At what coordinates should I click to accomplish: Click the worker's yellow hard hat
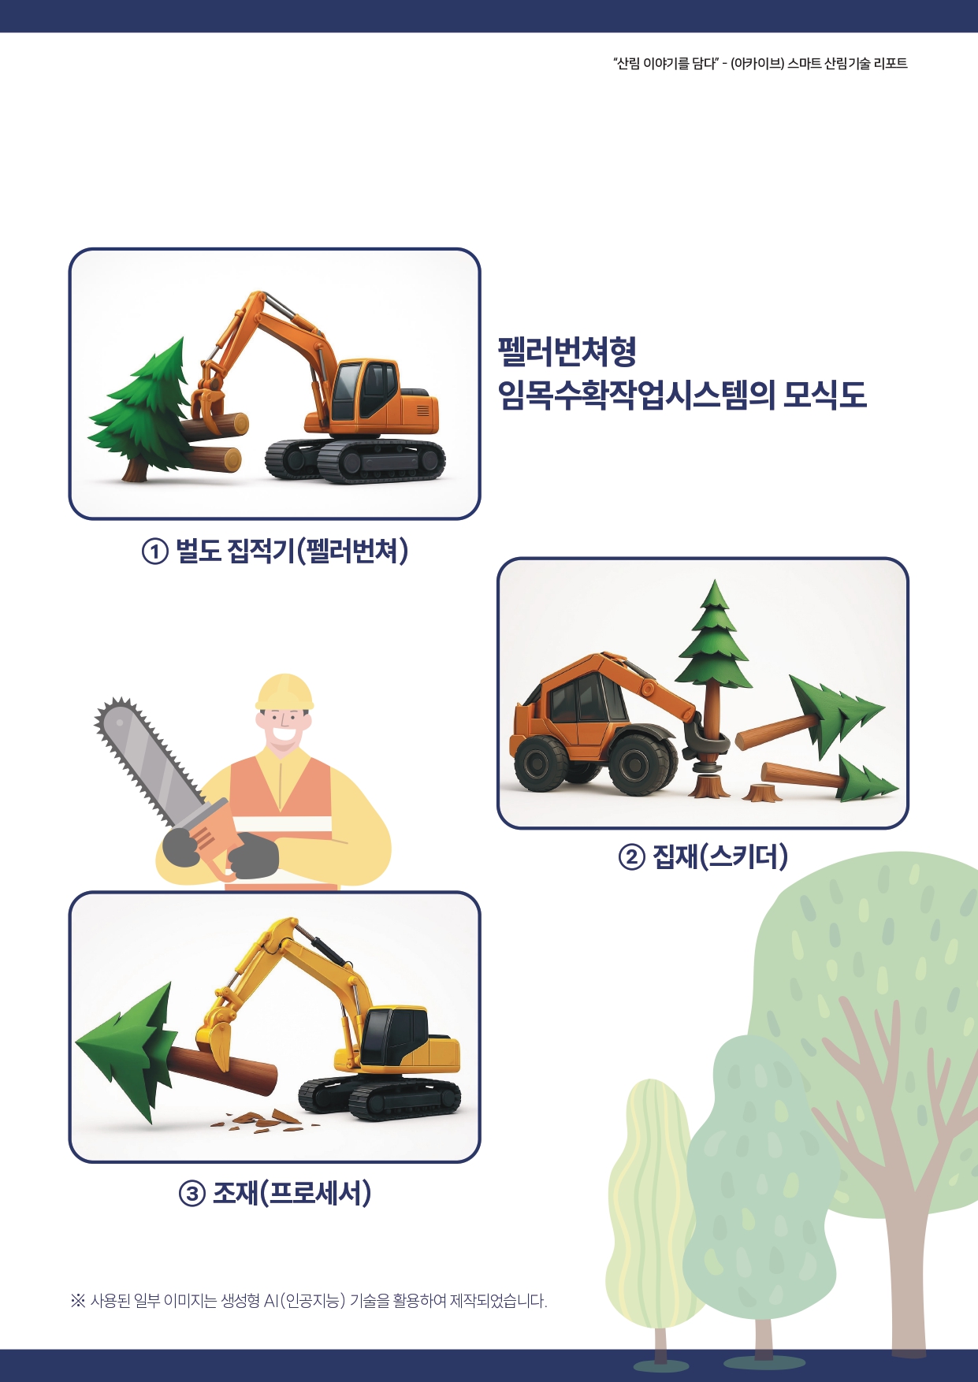(x=284, y=693)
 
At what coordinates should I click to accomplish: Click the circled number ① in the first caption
(x=155, y=552)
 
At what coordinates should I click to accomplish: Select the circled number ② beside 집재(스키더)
(x=631, y=856)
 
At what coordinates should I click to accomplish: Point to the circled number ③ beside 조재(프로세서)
(x=192, y=1194)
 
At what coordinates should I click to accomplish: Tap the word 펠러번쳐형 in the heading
(x=567, y=351)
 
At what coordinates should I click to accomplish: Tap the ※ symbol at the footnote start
(x=77, y=1301)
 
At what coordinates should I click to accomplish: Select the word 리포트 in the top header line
(x=891, y=63)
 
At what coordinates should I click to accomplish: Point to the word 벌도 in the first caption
(x=198, y=552)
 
